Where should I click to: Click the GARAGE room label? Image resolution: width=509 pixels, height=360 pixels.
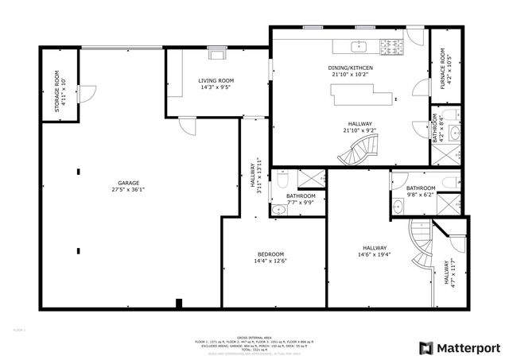point(129,183)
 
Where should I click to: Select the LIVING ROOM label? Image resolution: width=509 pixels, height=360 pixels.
point(216,80)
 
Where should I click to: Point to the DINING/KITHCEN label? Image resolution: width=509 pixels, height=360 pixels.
point(351,68)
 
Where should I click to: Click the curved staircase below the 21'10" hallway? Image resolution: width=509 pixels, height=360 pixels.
point(361,150)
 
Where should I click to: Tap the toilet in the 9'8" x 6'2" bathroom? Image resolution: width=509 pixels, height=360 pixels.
point(448,184)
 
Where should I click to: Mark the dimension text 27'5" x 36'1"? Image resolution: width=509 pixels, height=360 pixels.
point(129,190)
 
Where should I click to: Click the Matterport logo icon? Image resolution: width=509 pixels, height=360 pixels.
point(426,347)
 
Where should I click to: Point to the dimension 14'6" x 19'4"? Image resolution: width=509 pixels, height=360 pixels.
point(373,254)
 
